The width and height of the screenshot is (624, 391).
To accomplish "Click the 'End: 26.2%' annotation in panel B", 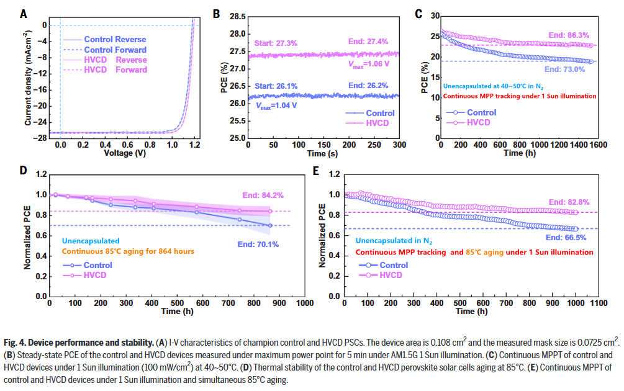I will click(369, 85).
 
